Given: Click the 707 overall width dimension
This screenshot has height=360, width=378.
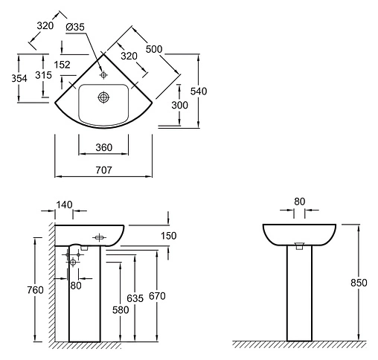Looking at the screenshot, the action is [103, 170].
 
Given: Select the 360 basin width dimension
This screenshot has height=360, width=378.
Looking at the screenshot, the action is [104, 147].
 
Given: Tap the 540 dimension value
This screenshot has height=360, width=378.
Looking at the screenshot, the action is [199, 91].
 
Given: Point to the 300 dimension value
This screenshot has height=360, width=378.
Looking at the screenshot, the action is [179, 105].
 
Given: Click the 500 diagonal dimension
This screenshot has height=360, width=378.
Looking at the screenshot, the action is [154, 49].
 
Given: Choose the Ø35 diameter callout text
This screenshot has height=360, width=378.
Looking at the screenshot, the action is [75, 27].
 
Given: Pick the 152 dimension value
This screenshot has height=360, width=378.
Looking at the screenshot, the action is [62, 65].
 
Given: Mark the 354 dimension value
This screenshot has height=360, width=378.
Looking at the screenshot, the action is [19, 78].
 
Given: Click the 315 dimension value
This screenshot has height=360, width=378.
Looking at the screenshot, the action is [43, 75].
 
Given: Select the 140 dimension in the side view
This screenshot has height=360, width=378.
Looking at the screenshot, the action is [64, 205].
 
